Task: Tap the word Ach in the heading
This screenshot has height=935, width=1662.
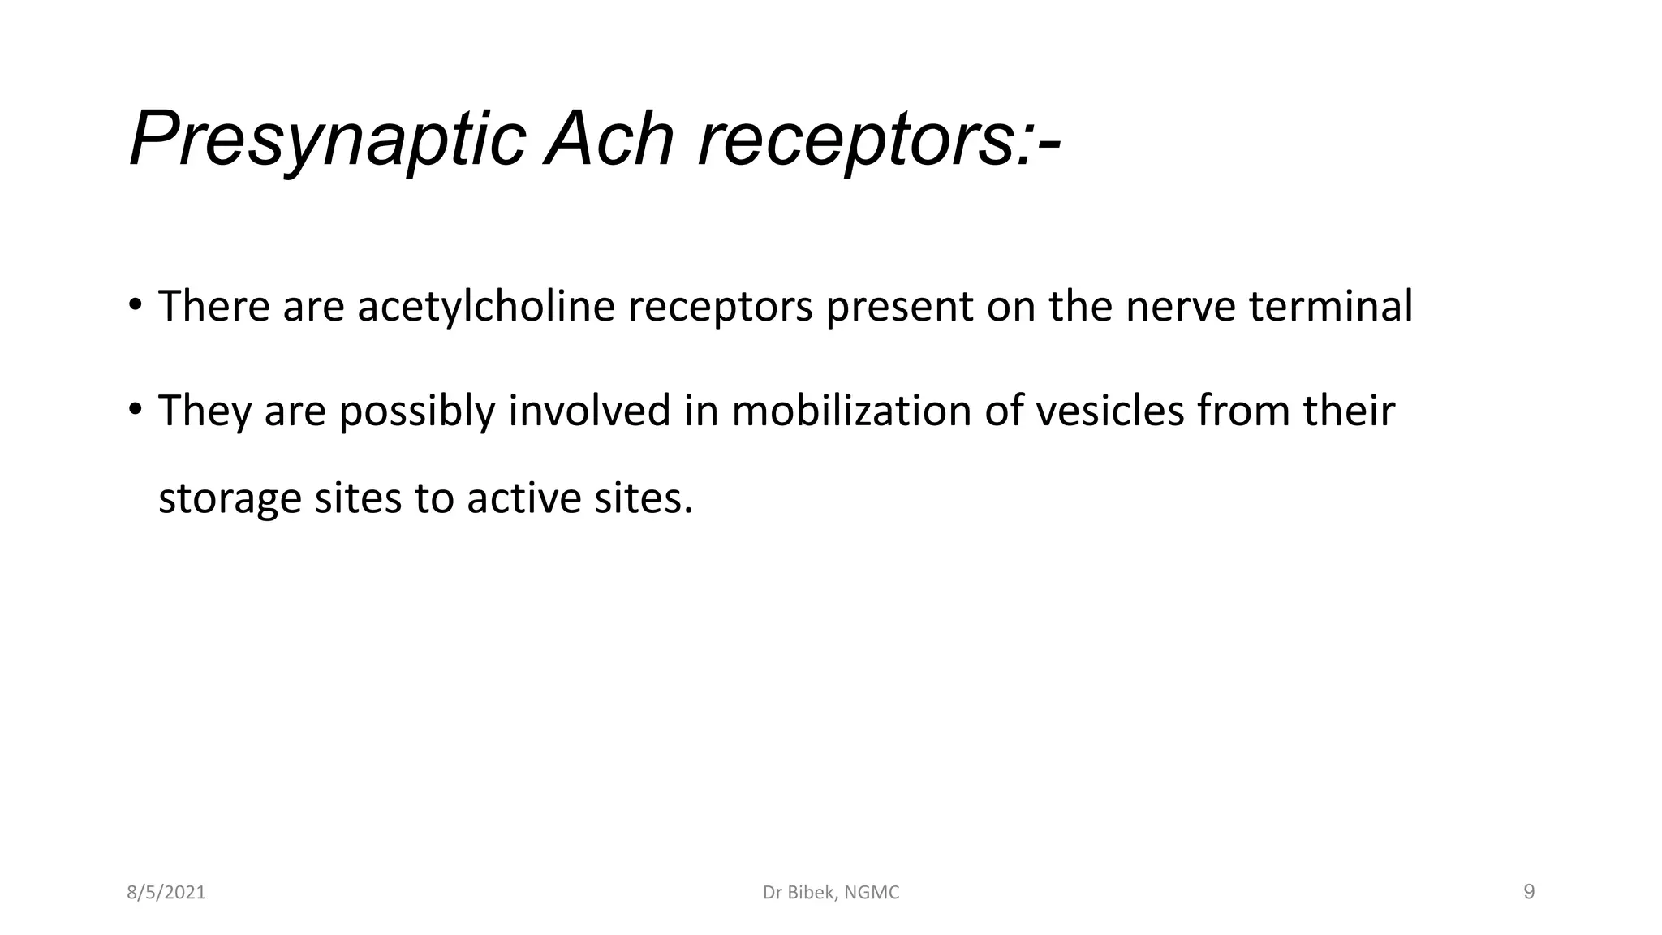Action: click(x=609, y=140)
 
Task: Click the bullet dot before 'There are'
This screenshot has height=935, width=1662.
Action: click(x=135, y=305)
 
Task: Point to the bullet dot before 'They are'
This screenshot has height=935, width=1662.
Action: click(x=135, y=408)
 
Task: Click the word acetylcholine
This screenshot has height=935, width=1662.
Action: click(x=486, y=307)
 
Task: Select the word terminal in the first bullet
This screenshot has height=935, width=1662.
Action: click(x=1330, y=307)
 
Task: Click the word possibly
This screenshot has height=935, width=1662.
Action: click(x=416, y=411)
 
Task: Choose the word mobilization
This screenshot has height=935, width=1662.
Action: click(x=851, y=410)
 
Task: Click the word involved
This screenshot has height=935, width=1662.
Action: click(x=589, y=410)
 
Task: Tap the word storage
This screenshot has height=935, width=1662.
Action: click(x=230, y=498)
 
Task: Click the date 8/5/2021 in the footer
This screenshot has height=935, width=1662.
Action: click(x=166, y=893)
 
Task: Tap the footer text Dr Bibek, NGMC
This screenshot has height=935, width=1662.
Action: click(x=831, y=893)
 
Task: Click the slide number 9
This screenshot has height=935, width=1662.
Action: click(x=1529, y=892)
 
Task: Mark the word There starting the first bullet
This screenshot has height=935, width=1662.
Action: click(x=213, y=307)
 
